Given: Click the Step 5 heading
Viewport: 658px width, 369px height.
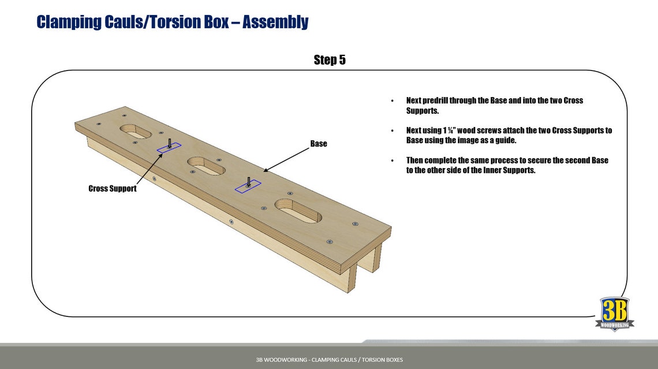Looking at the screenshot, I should pyautogui.click(x=330, y=60).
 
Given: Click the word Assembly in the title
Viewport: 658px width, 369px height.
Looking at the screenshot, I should pyautogui.click(x=275, y=22).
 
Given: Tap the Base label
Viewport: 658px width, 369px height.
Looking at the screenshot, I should pyautogui.click(x=318, y=144).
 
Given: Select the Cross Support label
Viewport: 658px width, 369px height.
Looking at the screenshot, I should pyautogui.click(x=113, y=189).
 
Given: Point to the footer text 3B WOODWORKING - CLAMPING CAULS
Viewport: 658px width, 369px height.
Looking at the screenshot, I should pyautogui.click(x=329, y=360).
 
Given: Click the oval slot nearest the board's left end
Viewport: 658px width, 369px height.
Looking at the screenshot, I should pyautogui.click(x=136, y=132).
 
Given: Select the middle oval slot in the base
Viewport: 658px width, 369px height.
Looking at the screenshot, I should pyautogui.click(x=206, y=166).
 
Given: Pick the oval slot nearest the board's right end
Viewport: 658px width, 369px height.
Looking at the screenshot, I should pyautogui.click(x=298, y=211).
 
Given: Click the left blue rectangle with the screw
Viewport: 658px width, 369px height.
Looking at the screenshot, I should pyautogui.click(x=169, y=148).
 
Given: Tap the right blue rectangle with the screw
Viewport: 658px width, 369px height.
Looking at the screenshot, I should pyautogui.click(x=248, y=186).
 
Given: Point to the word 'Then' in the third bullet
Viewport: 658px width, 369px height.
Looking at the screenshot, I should pyautogui.click(x=414, y=161).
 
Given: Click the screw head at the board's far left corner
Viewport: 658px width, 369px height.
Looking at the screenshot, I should pyautogui.click(x=99, y=124).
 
